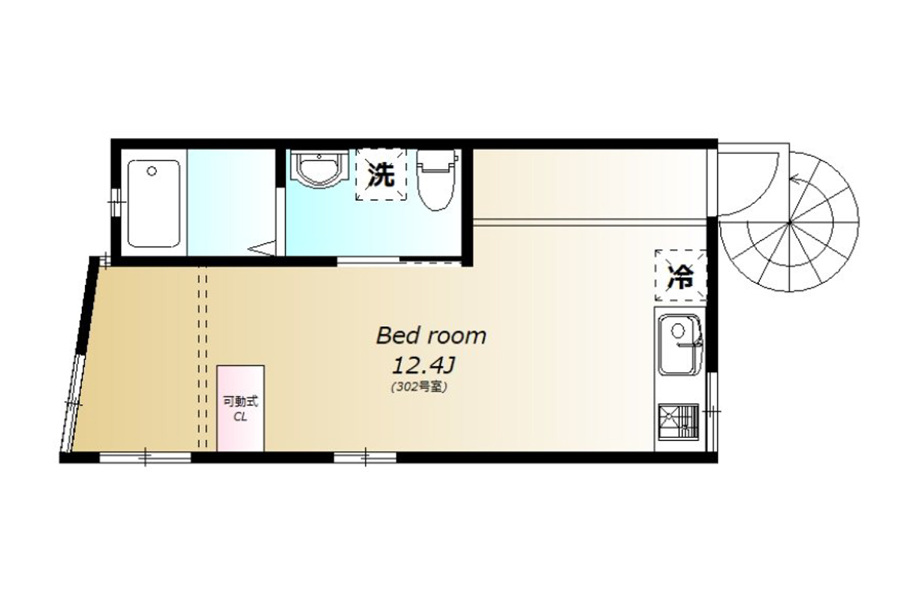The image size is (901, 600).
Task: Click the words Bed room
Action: pyautogui.click(x=431, y=336)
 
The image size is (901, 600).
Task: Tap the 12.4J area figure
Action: pyautogui.click(x=423, y=366)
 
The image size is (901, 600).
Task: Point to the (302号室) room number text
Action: pyautogui.click(x=420, y=386)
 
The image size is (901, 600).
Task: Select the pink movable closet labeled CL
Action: pyautogui.click(x=240, y=408)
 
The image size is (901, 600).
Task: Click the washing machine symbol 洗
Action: pyautogui.click(x=381, y=175)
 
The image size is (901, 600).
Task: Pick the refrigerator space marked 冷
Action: pyautogui.click(x=680, y=276)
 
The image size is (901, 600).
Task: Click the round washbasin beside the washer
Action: pyautogui.click(x=319, y=169)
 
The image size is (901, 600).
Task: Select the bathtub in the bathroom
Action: pyautogui.click(x=154, y=203)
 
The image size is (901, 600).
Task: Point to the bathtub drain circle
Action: pyautogui.click(x=152, y=171)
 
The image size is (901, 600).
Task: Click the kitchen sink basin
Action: pyautogui.click(x=680, y=344)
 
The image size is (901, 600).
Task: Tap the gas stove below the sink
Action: pyautogui.click(x=679, y=422)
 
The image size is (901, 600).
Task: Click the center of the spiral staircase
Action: pyautogui.click(x=790, y=222)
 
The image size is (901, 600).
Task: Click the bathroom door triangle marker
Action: pyautogui.click(x=263, y=247)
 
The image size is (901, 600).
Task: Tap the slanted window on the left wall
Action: pyautogui.click(x=71, y=403)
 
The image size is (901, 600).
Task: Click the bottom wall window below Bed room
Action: pyautogui.click(x=365, y=457)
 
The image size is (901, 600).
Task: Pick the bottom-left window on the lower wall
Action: pyautogui.click(x=145, y=457)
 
